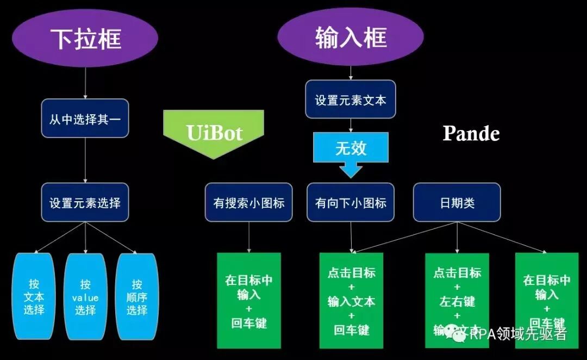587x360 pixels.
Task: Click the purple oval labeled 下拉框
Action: click(x=86, y=38)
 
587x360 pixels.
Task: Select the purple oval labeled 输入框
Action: click(x=351, y=38)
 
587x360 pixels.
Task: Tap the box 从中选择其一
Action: click(x=85, y=119)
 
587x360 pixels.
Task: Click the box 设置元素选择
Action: click(x=85, y=202)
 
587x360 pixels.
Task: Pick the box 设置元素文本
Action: click(x=351, y=100)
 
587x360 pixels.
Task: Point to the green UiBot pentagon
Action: click(x=214, y=132)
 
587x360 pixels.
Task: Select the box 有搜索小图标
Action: click(x=249, y=202)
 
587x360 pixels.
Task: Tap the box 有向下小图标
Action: click(x=351, y=202)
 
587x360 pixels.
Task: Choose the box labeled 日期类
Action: click(x=457, y=202)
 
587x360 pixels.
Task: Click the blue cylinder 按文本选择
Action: click(x=34, y=296)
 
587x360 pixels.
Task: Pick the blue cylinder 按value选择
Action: click(x=85, y=296)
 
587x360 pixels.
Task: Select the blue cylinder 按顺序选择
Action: click(x=137, y=296)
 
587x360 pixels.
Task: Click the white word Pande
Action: click(x=471, y=133)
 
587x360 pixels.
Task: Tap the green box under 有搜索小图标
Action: click(x=249, y=300)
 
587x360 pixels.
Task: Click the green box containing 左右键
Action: click(x=457, y=300)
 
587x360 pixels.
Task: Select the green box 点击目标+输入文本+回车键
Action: click(x=351, y=300)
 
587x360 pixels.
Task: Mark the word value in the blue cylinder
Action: click(x=85, y=297)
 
